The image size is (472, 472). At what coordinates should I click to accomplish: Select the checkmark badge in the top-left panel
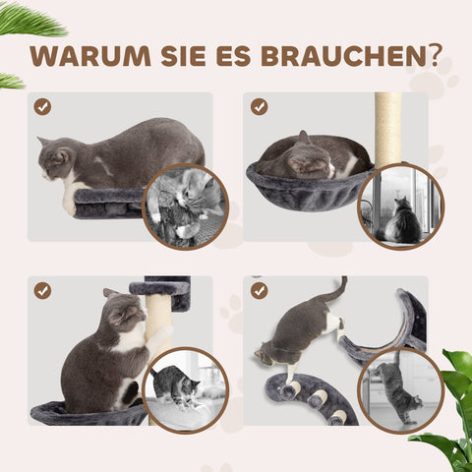[x=42, y=106]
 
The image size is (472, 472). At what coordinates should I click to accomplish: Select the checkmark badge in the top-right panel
[x=259, y=106]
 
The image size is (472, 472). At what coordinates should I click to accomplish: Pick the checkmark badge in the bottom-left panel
[x=42, y=290]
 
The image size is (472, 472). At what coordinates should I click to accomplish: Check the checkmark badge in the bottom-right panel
[x=259, y=290]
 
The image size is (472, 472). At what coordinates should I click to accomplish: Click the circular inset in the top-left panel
[x=185, y=206]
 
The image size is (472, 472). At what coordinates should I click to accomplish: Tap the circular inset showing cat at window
[x=400, y=206]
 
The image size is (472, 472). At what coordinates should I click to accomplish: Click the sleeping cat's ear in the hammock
[x=304, y=139]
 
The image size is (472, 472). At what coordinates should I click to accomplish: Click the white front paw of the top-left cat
[x=69, y=204]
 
